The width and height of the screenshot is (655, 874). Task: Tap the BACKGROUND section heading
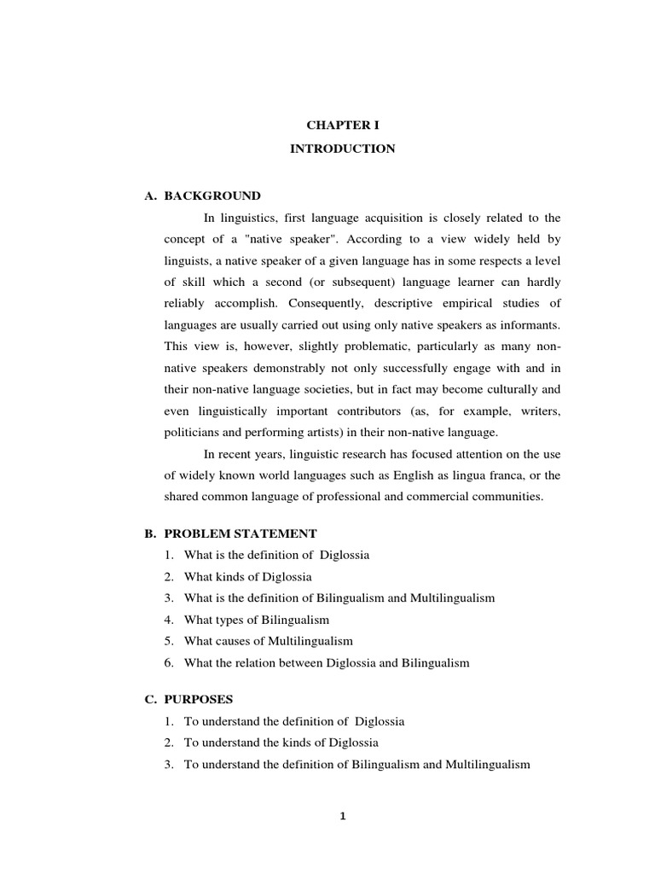click(212, 195)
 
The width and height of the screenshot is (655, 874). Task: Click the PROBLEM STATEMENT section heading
click(241, 533)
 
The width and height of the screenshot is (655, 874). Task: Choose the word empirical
click(463, 303)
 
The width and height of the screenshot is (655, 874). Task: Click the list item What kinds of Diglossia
click(247, 576)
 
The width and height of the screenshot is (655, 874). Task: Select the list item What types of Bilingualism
click(256, 620)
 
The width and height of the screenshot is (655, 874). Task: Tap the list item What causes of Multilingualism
click(268, 641)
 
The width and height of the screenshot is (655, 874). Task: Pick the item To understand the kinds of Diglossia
click(281, 743)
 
